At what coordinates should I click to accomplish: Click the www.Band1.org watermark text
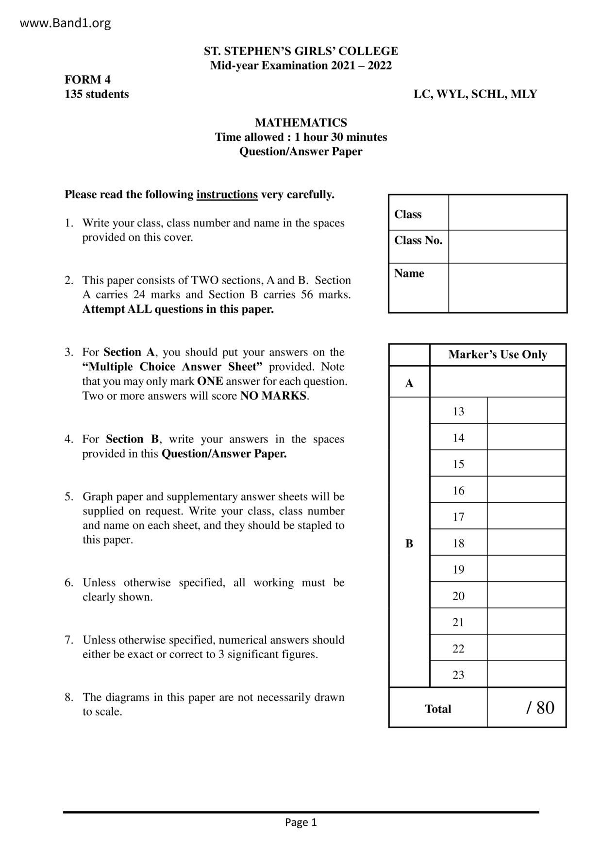coord(65,23)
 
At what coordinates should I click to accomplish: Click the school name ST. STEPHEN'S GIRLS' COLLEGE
coord(301,51)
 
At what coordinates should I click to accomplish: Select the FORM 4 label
coord(88,80)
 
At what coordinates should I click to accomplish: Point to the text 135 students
coord(97,94)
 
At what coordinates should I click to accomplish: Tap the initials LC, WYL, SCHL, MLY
coord(475,94)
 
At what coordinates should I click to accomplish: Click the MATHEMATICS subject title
coord(301,122)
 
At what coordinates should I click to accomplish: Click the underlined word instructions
coord(227,195)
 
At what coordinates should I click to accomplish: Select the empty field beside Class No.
coord(507,247)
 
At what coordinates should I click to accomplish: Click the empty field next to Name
coord(507,288)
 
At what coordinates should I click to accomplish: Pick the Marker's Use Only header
coord(498,355)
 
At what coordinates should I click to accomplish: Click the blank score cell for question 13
coord(526,411)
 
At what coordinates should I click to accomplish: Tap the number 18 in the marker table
coord(458,543)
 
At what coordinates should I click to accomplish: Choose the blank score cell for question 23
coord(526,674)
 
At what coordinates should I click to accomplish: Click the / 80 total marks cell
coord(539,708)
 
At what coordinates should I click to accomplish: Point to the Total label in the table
coord(438,709)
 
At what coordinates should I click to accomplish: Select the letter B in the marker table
coord(409,543)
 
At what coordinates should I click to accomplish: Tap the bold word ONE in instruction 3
coord(210,381)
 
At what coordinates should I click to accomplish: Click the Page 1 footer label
coord(301,822)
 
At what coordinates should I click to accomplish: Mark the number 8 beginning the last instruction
coord(68,698)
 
